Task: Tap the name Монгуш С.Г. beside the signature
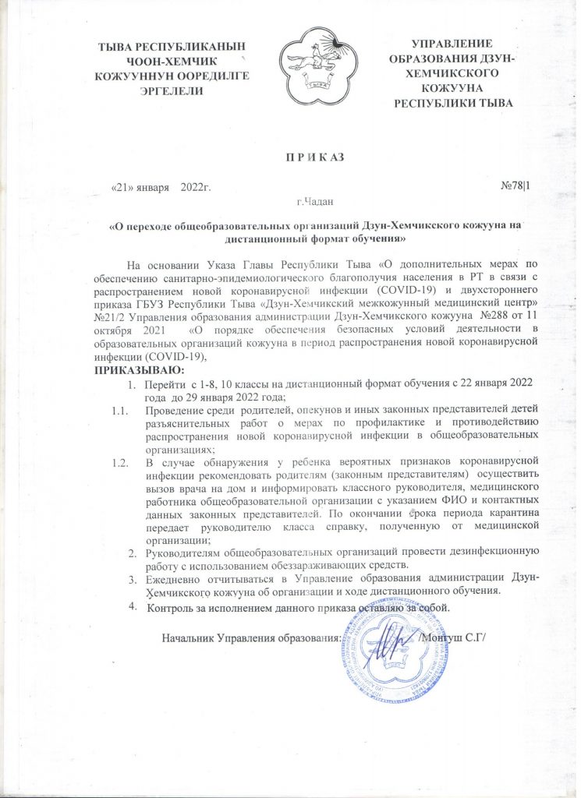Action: [453, 637]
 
